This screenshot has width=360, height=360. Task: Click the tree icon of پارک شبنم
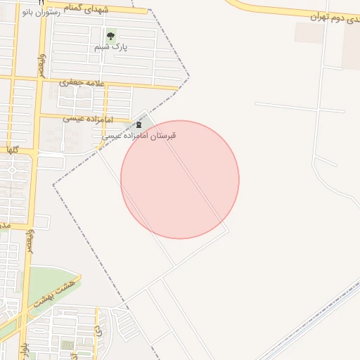click(x=110, y=37)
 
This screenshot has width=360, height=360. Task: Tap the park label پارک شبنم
click(x=112, y=48)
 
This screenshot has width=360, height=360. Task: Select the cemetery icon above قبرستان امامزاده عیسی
click(x=139, y=126)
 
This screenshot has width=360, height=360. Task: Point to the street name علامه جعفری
click(x=84, y=82)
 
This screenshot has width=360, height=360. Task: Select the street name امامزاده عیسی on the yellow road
click(x=84, y=118)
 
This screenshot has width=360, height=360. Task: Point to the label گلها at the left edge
click(x=11, y=150)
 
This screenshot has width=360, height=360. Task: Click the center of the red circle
click(x=180, y=179)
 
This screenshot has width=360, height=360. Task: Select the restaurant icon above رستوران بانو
click(x=41, y=3)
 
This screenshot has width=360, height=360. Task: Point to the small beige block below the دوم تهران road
click(x=309, y=32)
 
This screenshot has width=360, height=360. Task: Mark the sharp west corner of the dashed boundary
click(x=53, y=185)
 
